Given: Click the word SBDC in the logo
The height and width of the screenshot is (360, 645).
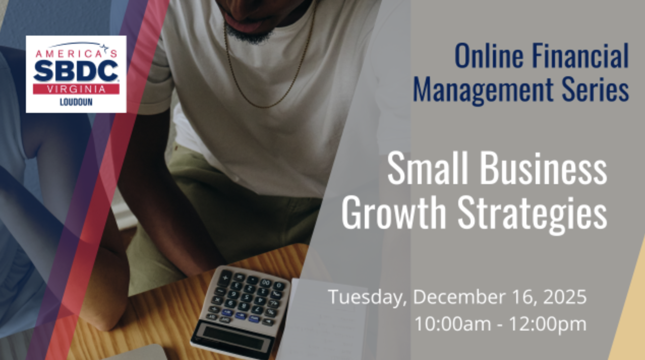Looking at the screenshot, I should [76, 70].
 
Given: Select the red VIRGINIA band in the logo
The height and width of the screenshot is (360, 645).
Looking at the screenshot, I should [76, 89].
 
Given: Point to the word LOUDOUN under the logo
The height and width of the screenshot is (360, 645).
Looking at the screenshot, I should [76, 102].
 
